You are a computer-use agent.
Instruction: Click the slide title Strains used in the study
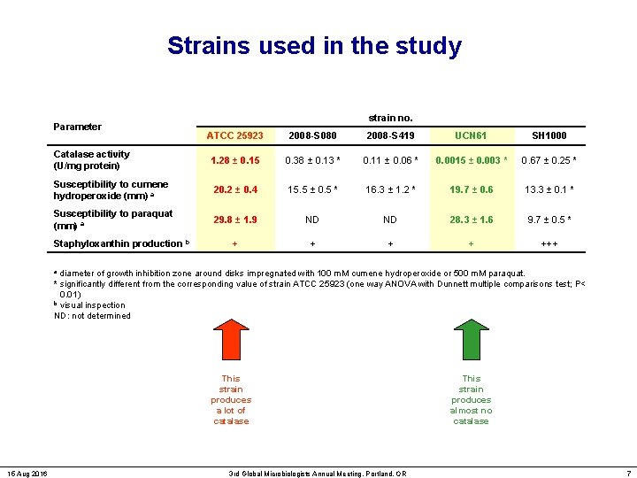tap(314, 46)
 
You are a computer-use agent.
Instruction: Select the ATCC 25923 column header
tap(234, 135)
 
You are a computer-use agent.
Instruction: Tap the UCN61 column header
tap(471, 135)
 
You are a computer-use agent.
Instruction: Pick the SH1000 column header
tap(549, 135)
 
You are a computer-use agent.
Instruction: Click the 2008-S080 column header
tap(312, 135)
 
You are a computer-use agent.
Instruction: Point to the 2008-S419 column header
tap(390, 135)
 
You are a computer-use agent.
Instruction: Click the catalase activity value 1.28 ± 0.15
tap(234, 160)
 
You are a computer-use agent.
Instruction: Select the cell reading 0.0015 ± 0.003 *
tap(471, 160)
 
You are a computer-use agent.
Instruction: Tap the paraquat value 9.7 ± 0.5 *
tap(549, 220)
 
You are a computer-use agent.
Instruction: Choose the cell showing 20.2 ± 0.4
tap(234, 189)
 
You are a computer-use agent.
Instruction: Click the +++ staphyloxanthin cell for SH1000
tap(549, 243)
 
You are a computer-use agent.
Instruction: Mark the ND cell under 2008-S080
tap(312, 220)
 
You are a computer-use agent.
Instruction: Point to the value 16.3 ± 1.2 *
tap(390, 189)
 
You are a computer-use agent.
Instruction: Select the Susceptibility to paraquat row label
tap(113, 220)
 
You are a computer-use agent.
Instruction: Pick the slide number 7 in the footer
tap(626, 474)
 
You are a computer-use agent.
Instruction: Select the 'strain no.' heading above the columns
tap(390, 117)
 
